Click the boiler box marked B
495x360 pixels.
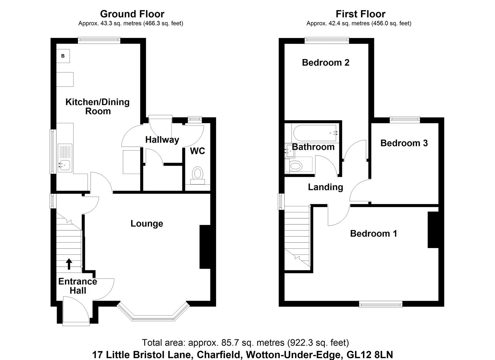coord(63,56)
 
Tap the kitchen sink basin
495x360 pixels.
coord(64,165)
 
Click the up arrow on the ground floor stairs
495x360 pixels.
coord(69,264)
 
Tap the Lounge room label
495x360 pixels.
coord(147,223)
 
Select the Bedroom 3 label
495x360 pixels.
coord(404,143)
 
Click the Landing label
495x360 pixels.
coord(326,187)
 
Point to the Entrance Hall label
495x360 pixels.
coord(78,286)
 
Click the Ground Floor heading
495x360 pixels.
coord(132,14)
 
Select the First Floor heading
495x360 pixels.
coord(360,14)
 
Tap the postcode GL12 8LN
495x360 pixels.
coord(370,355)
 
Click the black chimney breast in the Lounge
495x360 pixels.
coord(205,247)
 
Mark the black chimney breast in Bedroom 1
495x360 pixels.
coord(433,230)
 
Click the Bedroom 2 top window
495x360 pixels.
coord(327,40)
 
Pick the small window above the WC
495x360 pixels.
coord(195,120)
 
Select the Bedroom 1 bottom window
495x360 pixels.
coord(381,304)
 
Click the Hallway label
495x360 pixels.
coord(162,140)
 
